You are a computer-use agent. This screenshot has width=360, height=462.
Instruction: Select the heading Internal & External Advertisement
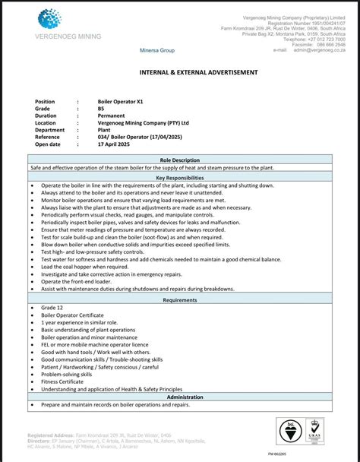[x=197, y=72]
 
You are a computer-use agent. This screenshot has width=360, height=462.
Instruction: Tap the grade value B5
[x=102, y=109]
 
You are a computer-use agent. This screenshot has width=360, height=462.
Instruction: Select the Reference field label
[x=49, y=137]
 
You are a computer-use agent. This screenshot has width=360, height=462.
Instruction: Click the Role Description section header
[x=180, y=160]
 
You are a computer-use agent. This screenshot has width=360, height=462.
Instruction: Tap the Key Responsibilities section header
[x=180, y=177]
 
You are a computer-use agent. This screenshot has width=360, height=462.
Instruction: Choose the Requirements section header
[x=180, y=300]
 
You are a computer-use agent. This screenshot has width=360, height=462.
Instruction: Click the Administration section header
[x=180, y=397]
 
